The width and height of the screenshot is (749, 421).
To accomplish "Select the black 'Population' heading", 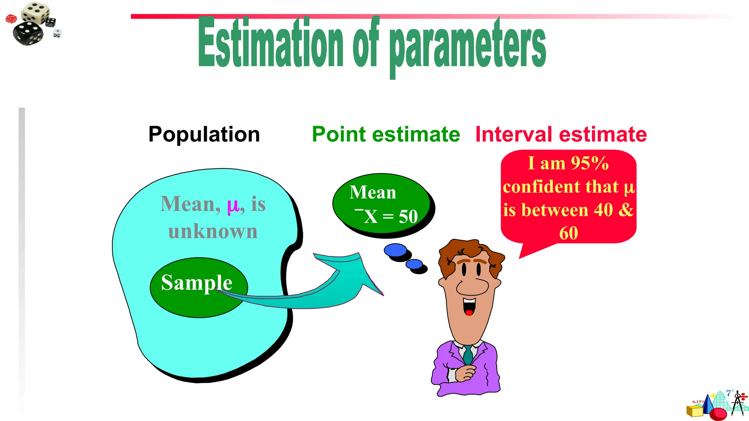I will [204, 134].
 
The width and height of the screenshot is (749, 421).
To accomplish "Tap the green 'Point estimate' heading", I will [386, 134].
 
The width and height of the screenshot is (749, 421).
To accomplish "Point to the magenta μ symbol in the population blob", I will [233, 205].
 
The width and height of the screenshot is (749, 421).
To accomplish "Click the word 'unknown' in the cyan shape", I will [213, 231].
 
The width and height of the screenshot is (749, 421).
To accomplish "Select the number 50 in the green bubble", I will [408, 216].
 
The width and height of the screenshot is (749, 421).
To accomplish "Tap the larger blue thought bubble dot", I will [395, 250].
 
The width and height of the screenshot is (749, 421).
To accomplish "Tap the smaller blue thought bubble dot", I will [414, 264].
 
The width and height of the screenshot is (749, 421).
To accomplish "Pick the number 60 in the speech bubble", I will [568, 233].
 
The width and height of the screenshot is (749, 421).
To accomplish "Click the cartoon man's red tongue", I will [469, 312].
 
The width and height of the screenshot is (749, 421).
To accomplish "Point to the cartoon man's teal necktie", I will [468, 355].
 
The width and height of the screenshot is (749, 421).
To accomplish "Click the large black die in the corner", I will [28, 34].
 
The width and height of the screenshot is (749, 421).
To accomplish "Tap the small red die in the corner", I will [11, 19].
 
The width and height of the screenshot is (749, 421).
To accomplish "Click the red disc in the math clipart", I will [718, 414].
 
